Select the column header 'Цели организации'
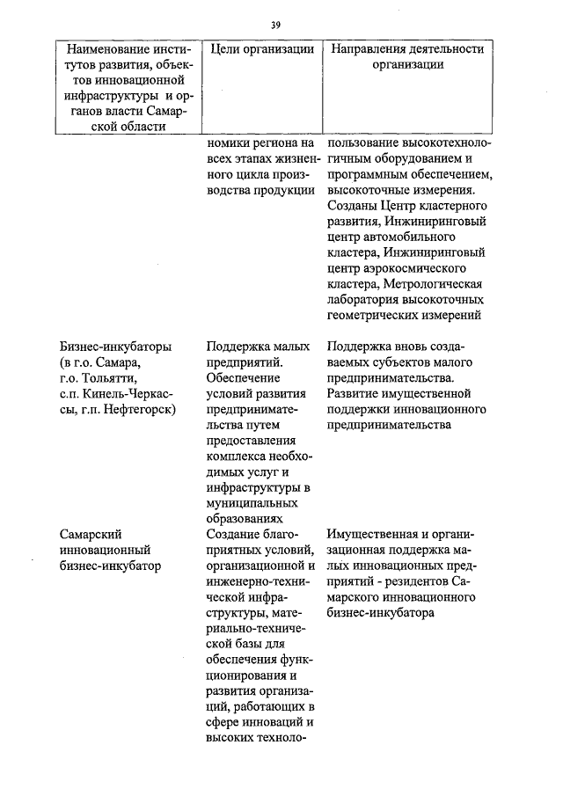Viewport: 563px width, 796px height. pos(263,49)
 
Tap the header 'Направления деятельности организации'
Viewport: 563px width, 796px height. pos(407,57)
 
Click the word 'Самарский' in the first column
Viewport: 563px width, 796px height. pos(91,534)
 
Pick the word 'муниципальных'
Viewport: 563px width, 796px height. pos(250,503)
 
